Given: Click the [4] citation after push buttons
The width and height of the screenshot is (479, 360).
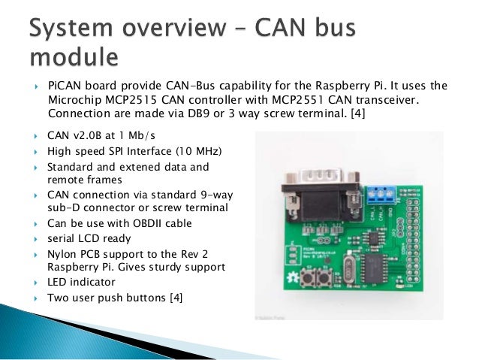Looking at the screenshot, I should (x=174, y=298).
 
